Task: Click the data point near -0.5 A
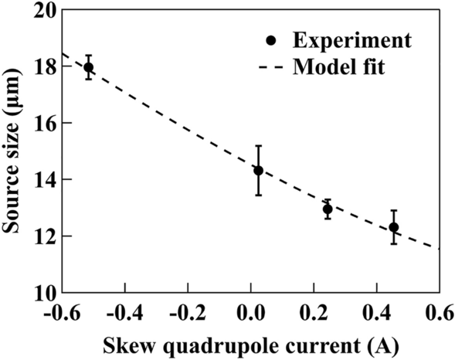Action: (x=89, y=67)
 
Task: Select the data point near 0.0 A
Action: (x=258, y=170)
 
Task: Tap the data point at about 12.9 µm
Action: (x=328, y=209)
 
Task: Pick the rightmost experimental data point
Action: (x=394, y=227)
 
